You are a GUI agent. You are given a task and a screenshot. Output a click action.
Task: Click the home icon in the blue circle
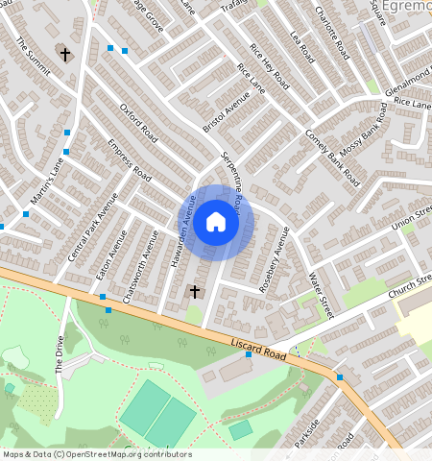pos(216,222)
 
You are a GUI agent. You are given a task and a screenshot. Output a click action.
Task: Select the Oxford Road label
pos(138,123)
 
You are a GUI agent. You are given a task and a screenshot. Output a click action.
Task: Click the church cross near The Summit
pos(65,54)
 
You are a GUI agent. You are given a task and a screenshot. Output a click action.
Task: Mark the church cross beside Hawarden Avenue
pos(194,290)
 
